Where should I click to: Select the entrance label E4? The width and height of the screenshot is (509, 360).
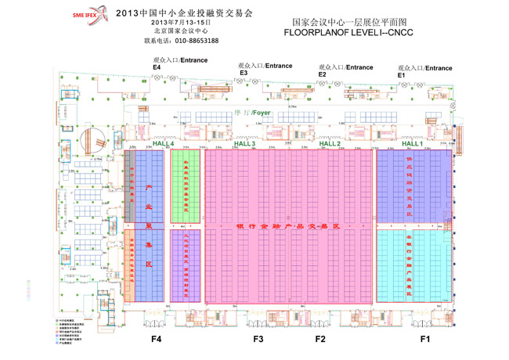pos(156,68)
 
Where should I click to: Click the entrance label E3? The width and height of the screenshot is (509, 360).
pos(244,73)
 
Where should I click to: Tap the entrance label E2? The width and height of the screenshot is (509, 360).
pos(322,74)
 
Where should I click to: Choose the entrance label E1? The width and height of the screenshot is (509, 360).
pos(401,74)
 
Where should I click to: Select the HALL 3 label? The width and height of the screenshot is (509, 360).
pos(244,144)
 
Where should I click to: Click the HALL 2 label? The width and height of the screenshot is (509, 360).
pos(327,144)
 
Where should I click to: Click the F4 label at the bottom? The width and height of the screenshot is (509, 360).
pos(157,340)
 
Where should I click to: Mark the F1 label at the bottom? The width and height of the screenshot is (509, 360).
pos(425,340)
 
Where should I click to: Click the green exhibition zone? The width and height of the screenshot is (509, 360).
pos(186,185)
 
